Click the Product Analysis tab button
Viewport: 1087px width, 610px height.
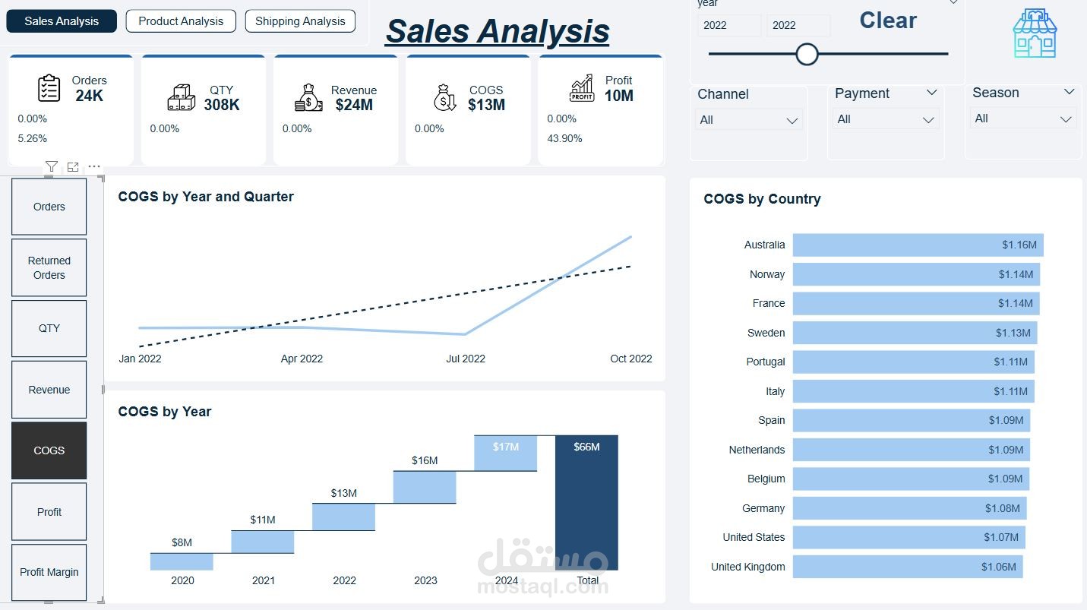click(181, 21)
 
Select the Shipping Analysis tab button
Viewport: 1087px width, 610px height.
click(300, 21)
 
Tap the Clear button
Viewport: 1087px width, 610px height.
click(888, 21)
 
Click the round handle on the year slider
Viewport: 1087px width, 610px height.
click(807, 54)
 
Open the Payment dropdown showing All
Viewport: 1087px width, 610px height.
click(885, 119)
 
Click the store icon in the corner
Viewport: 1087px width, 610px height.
click(1034, 34)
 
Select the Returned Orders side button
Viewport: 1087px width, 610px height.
click(49, 267)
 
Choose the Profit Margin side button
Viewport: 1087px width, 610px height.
click(49, 572)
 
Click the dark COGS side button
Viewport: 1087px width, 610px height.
click(49, 450)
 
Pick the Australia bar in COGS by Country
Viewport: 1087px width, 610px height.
click(918, 245)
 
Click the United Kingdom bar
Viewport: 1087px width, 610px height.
click(907, 567)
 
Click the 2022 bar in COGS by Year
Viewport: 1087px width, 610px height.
click(344, 517)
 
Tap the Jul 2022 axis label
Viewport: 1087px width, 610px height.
click(465, 359)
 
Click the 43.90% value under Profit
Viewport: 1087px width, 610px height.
click(564, 138)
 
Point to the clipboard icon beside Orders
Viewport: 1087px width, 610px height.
click(49, 89)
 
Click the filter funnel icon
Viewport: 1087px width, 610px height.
click(51, 166)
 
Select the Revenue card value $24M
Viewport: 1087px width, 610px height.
click(354, 105)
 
